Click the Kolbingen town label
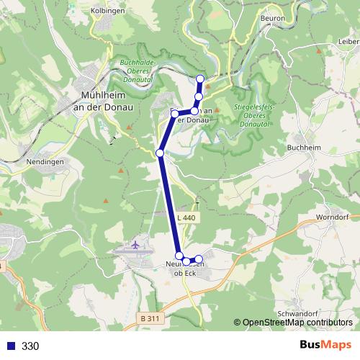tap(109, 11)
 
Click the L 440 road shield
tap(185, 217)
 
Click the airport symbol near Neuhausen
tap(135, 246)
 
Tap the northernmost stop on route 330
tap(200, 78)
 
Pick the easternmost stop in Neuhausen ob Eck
tap(199, 259)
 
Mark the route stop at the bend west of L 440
tap(160, 153)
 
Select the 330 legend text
tap(30, 346)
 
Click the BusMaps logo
tap(326, 345)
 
